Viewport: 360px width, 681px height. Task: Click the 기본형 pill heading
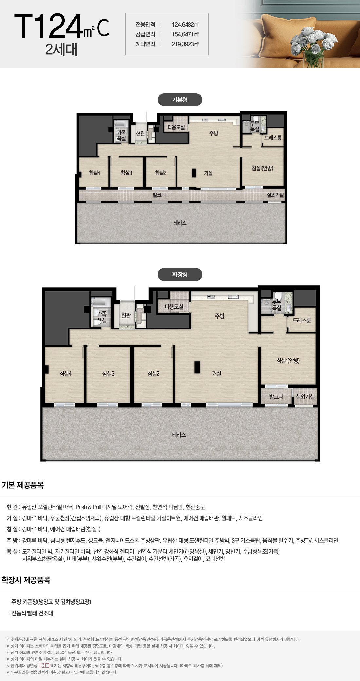click(x=180, y=100)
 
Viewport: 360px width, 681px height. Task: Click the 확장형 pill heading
click(x=180, y=275)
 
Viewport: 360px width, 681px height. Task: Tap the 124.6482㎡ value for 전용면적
click(x=185, y=25)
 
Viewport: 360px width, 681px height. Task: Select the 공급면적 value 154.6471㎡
click(x=185, y=34)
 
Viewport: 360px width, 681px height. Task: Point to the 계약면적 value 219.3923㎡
click(x=185, y=44)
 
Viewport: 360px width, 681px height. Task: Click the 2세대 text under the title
click(x=61, y=49)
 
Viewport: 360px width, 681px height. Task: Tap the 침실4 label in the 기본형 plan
click(x=95, y=173)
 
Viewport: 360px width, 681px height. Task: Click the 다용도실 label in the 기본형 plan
click(x=176, y=127)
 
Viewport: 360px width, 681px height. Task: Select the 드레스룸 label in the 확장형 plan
click(x=301, y=321)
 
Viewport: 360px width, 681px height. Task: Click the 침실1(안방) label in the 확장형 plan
click(x=288, y=361)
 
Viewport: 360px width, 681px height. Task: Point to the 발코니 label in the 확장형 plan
click(x=276, y=397)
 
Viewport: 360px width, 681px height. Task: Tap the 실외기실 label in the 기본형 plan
click(x=275, y=195)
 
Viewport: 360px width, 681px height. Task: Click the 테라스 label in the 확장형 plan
click(x=179, y=435)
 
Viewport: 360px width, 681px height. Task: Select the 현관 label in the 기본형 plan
click(x=140, y=133)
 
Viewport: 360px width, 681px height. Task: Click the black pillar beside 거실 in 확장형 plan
click(x=197, y=367)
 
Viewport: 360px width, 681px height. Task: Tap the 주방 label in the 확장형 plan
click(x=219, y=316)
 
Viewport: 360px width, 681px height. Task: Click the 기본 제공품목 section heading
click(x=23, y=485)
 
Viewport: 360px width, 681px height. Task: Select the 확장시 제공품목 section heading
click(x=26, y=580)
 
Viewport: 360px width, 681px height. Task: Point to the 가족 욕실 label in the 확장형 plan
click(x=102, y=317)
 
